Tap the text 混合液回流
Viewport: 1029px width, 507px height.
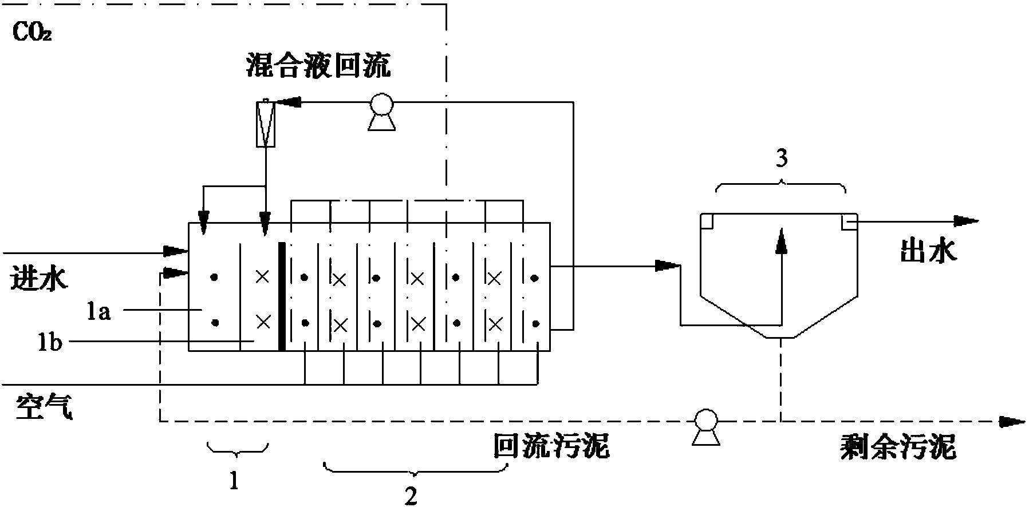(x=318, y=65)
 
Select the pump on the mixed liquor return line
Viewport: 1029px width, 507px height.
(x=379, y=109)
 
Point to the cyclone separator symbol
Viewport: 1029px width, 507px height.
(x=265, y=122)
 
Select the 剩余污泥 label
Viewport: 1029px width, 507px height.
(x=898, y=447)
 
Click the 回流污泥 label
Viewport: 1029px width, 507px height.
(x=551, y=446)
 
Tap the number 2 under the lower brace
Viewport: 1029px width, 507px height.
(x=412, y=496)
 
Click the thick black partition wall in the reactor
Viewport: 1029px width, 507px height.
(x=281, y=296)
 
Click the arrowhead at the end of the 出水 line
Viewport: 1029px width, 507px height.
(x=967, y=220)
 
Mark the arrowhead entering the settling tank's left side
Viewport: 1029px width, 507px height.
(x=668, y=265)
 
